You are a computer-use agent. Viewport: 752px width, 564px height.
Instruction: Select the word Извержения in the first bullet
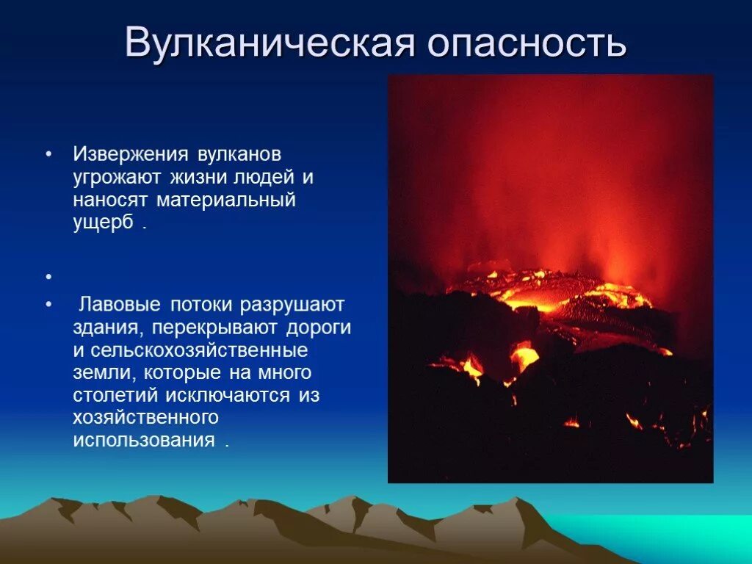pos(129,155)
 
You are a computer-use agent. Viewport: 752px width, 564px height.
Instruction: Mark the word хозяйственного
pos(145,418)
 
